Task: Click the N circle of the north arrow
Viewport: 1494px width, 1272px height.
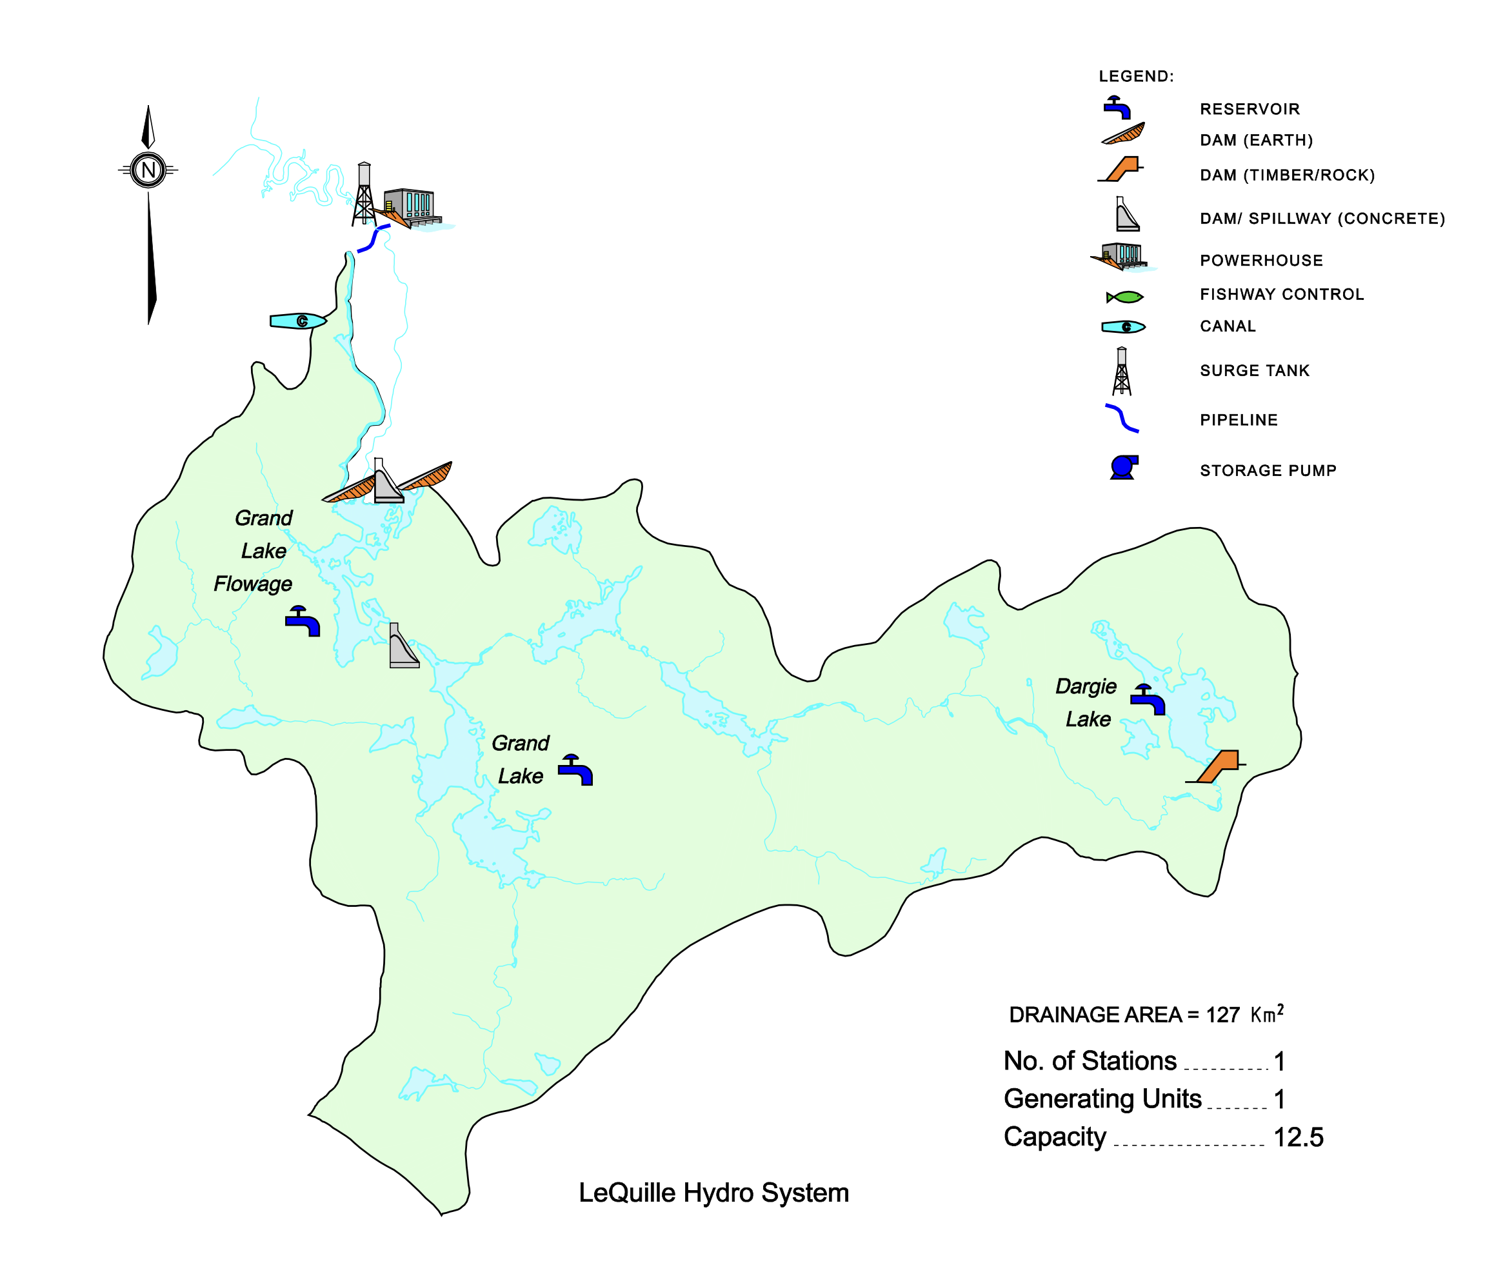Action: coord(148,170)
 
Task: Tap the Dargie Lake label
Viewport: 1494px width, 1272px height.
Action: coord(1086,702)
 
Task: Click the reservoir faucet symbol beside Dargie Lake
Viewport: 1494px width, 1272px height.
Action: coord(1147,699)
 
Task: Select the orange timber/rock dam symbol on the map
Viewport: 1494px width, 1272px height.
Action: coord(1218,766)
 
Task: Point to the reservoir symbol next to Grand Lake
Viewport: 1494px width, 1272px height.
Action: coord(575,770)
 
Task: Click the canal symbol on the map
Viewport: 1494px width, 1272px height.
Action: coord(298,321)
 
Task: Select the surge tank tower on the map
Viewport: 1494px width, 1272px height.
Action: coord(364,194)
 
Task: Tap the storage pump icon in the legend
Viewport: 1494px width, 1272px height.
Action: coord(1123,467)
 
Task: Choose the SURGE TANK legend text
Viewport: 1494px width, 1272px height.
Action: coord(1255,371)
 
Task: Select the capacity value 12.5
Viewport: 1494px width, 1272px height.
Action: coord(1299,1137)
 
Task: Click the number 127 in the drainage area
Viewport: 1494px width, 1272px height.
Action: coord(1222,1015)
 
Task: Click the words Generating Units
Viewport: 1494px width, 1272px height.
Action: coord(1102,1099)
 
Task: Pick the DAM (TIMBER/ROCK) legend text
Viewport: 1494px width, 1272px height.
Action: coord(1287,175)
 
